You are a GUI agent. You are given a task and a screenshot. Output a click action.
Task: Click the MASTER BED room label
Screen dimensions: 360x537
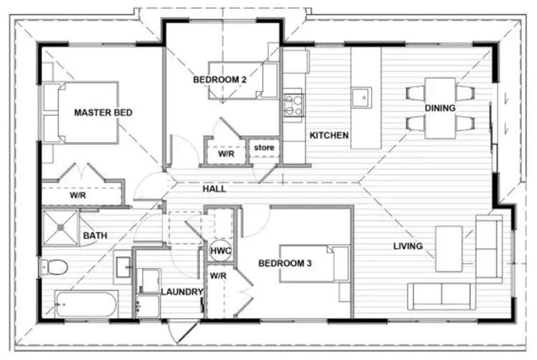(103, 113)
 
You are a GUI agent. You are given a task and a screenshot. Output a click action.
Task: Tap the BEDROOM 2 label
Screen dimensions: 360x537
(220, 80)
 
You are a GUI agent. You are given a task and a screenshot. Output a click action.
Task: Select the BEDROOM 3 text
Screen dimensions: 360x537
(285, 263)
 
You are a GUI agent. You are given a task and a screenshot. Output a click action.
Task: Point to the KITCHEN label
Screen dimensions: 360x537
(329, 135)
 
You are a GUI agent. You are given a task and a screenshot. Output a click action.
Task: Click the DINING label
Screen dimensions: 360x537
(439, 108)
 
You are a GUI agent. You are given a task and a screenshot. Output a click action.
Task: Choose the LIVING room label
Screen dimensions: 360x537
(407, 247)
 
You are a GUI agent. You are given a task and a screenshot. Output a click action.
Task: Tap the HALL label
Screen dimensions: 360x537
(214, 189)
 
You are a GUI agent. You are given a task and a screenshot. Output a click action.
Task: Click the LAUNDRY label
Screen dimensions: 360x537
(182, 292)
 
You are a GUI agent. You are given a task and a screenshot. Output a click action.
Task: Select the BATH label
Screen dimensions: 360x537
(95, 235)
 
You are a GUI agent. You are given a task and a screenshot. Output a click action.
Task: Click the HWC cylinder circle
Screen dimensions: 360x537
(219, 251)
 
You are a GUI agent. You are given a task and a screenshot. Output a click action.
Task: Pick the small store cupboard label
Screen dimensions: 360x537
(264, 148)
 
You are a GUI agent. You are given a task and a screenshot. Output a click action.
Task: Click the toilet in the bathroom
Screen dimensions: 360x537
(54, 267)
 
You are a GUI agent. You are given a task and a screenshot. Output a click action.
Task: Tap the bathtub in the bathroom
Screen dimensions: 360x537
(85, 305)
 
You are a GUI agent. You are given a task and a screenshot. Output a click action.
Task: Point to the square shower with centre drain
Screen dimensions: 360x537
(60, 227)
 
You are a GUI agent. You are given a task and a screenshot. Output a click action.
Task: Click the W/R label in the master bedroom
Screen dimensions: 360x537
(78, 195)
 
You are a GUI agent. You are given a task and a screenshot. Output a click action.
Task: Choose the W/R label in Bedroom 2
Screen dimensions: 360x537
(226, 153)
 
